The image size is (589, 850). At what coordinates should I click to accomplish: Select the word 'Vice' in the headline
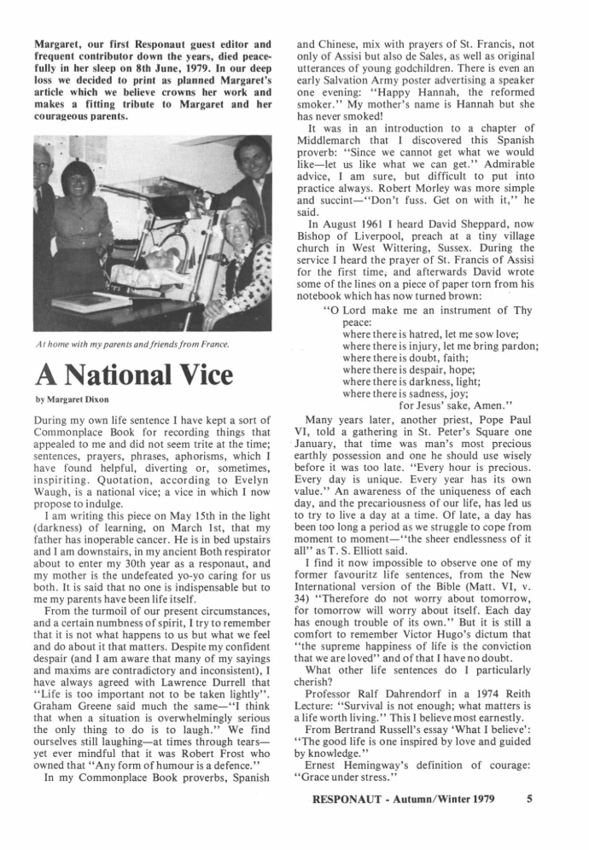(219, 375)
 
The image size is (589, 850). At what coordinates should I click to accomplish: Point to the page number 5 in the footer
(532, 824)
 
